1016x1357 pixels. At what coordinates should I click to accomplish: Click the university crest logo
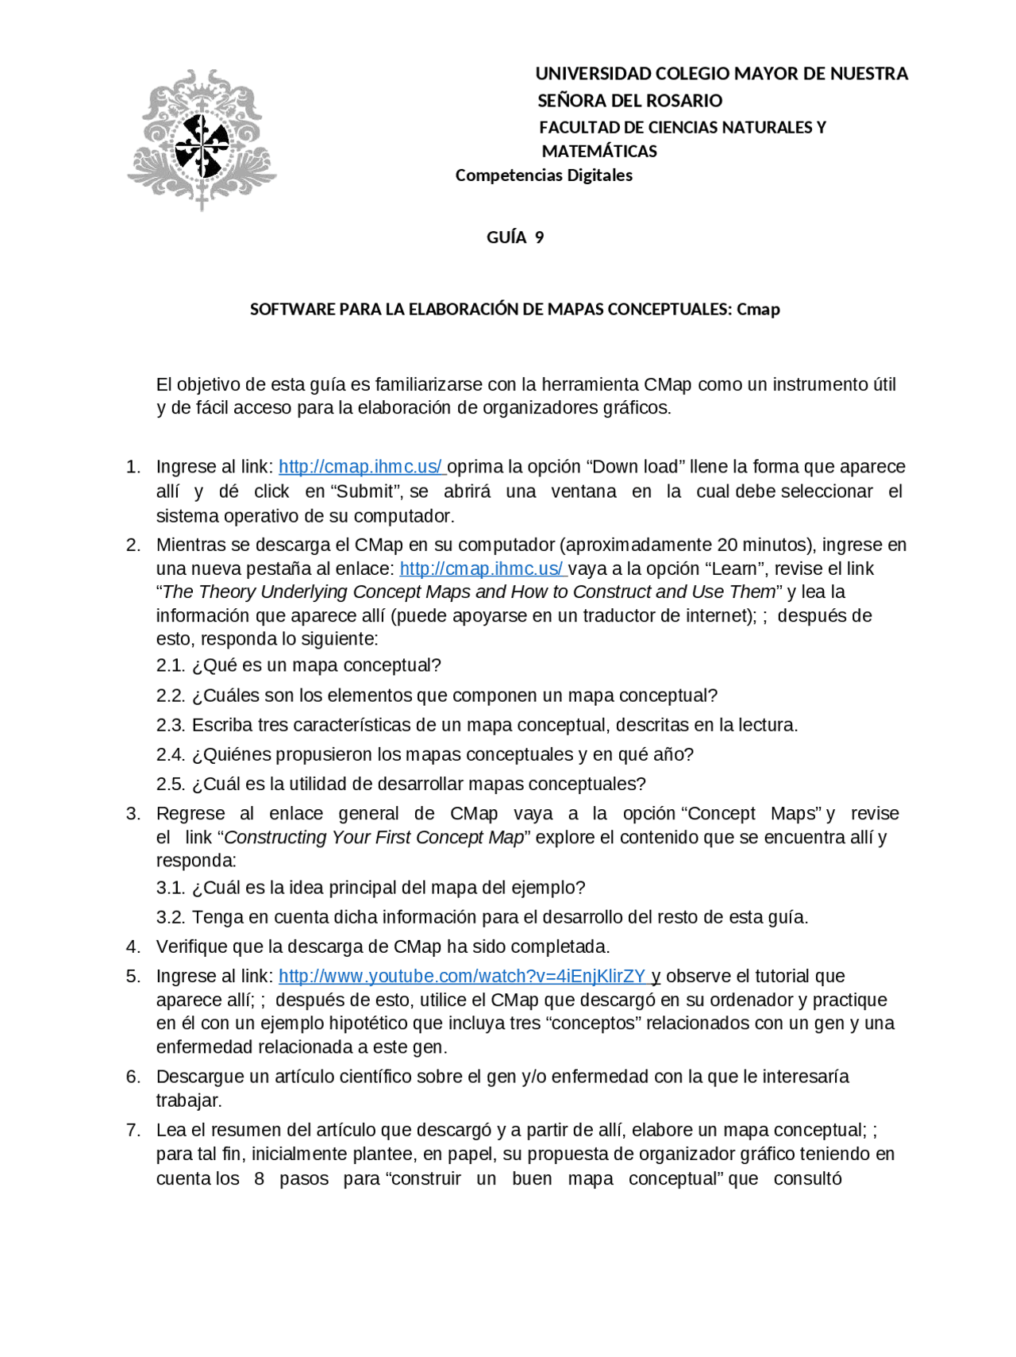tap(202, 140)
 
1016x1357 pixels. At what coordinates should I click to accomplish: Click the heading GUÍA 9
tap(514, 237)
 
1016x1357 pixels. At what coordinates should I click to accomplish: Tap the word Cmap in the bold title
tap(758, 310)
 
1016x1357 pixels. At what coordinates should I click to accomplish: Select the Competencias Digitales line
tap(544, 175)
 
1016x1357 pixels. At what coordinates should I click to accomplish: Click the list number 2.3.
tap(170, 725)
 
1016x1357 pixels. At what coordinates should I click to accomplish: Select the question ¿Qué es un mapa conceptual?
tap(316, 665)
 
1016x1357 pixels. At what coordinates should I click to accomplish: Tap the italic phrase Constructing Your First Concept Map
tap(374, 838)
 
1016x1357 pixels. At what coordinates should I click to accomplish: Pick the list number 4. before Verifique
tap(133, 946)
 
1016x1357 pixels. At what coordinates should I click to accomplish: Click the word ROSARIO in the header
tap(683, 101)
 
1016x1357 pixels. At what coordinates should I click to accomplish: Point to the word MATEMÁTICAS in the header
tap(599, 152)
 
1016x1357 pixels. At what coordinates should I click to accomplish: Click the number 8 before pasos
tap(259, 1178)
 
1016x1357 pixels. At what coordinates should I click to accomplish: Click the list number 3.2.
tap(170, 917)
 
